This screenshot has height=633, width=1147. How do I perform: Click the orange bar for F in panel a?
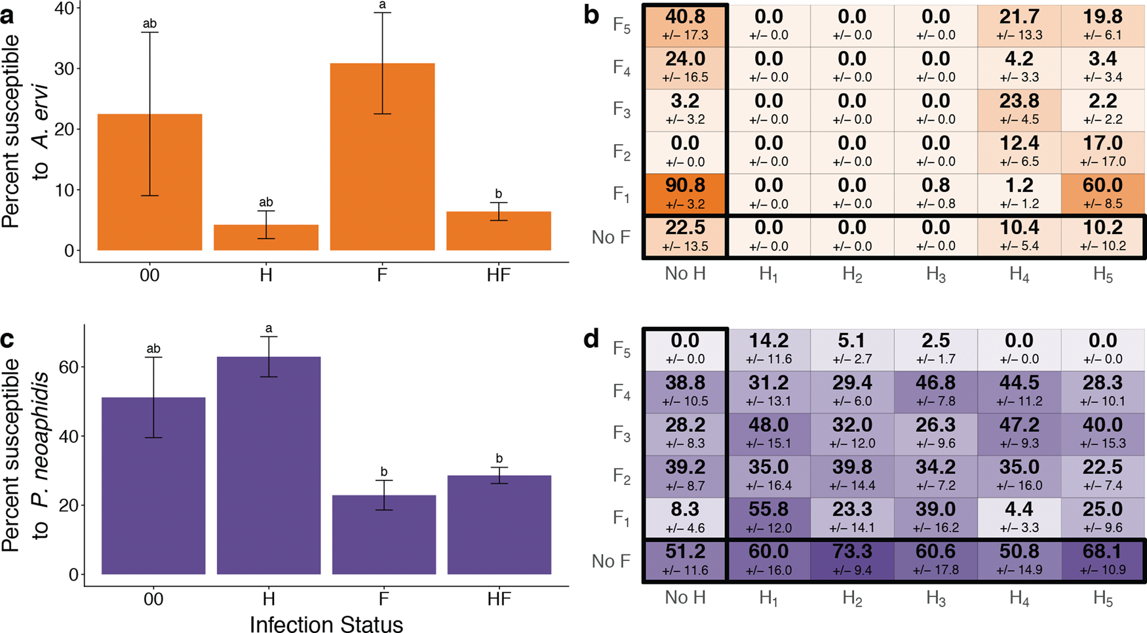382,157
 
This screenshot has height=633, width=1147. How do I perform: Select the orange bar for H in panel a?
265,237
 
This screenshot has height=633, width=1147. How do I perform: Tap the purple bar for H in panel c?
269,465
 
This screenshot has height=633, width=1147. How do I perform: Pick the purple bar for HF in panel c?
499,524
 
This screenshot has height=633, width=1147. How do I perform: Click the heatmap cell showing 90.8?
685,193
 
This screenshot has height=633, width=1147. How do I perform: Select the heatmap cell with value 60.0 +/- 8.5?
1102,193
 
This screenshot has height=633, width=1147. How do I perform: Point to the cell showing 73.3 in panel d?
852,560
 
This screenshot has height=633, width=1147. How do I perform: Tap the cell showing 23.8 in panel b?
1019,109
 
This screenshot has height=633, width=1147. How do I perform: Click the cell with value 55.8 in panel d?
768,517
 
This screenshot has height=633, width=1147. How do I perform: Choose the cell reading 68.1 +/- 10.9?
1102,560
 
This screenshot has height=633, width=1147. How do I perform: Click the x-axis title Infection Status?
326,623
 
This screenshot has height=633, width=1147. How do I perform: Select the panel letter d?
591,339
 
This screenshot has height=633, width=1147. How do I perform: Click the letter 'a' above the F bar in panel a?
383,6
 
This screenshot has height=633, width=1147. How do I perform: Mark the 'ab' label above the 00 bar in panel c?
153,349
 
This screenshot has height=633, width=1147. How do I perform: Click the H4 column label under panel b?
1019,275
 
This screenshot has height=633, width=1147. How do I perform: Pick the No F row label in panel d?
610,561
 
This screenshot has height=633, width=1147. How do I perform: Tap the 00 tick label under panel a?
149,275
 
